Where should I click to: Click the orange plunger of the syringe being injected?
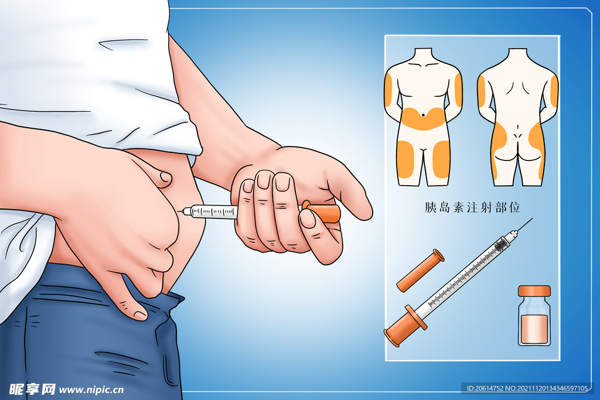(x=323, y=213)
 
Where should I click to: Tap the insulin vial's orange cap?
(x=534, y=290)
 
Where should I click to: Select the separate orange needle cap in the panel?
(x=420, y=271)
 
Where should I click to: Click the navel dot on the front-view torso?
(x=423, y=114)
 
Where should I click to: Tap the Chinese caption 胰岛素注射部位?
(x=473, y=207)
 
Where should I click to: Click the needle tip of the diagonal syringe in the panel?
(x=532, y=218)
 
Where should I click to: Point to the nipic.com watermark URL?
(x=91, y=390)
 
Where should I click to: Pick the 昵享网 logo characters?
(x=32, y=389)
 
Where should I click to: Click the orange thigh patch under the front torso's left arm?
(x=405, y=159)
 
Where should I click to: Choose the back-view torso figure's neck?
(x=517, y=53)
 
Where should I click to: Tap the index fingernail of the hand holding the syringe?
(x=283, y=182)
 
